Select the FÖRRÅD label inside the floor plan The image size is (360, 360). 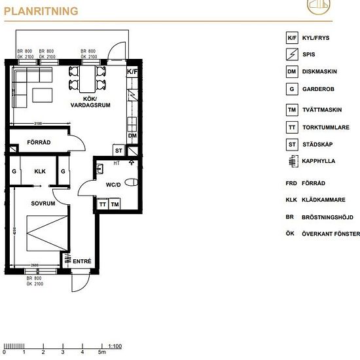[39, 142]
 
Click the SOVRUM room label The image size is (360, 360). [42, 204]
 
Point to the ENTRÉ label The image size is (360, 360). [82, 262]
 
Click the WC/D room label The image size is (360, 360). [114, 185]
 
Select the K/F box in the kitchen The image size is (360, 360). [132, 71]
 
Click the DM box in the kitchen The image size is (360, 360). [132, 135]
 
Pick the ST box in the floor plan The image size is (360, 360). [118, 151]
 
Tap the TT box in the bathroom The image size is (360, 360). [103, 205]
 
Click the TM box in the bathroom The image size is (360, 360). [115, 205]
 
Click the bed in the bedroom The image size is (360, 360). [46, 233]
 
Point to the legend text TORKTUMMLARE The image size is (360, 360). [325, 128]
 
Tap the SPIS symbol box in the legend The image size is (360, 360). [291, 55]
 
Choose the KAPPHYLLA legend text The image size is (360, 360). [319, 161]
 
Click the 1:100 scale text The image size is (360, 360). [115, 346]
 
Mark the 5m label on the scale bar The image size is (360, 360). [101, 352]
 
